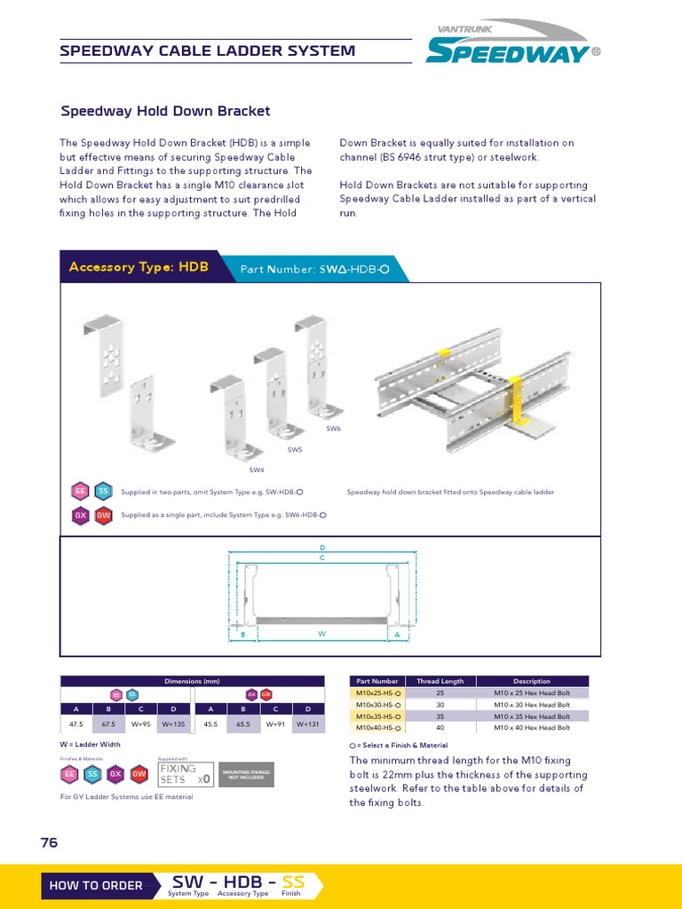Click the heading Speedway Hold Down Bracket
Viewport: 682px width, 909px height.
(165, 111)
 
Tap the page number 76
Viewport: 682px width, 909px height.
(49, 842)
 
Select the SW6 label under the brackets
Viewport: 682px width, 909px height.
(333, 429)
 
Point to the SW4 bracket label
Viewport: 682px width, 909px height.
(256, 470)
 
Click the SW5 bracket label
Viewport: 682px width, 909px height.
(294, 450)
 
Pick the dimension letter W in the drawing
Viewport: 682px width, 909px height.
(322, 635)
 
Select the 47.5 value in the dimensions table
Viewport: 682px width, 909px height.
(76, 724)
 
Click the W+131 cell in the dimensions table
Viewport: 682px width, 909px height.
(308, 724)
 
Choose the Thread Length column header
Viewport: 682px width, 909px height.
(440, 681)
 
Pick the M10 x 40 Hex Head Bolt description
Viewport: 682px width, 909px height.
(532, 728)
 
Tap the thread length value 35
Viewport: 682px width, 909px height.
(440, 716)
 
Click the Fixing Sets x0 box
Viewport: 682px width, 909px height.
(186, 774)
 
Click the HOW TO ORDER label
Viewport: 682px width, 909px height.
(96, 885)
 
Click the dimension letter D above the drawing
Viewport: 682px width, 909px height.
(322, 548)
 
